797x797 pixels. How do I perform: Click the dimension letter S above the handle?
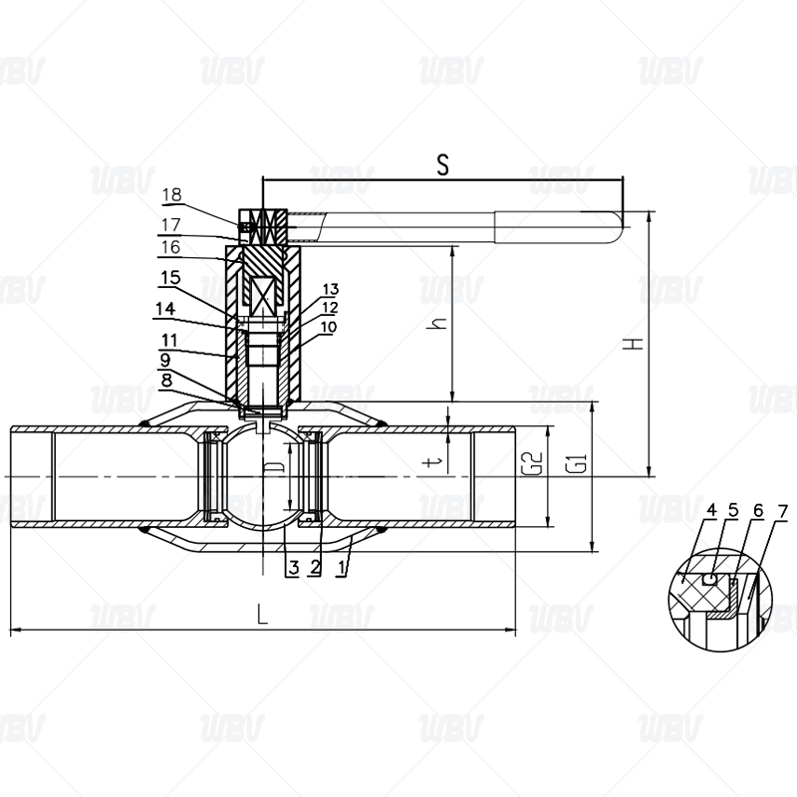[443, 164]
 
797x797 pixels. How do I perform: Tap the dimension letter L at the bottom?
[262, 614]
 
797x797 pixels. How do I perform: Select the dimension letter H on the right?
[634, 344]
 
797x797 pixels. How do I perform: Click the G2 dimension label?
[532, 463]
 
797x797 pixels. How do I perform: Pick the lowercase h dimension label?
[436, 323]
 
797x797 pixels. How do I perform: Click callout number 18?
[171, 194]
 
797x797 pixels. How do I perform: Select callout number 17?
[171, 225]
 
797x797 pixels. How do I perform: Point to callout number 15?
[170, 278]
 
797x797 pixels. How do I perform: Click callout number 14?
[165, 309]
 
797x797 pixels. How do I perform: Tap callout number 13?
[331, 289]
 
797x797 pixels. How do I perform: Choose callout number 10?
[329, 327]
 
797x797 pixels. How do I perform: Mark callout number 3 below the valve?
[293, 567]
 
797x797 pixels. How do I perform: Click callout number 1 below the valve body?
[341, 567]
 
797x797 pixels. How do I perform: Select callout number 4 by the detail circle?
[711, 510]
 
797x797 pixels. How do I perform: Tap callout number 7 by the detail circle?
[783, 511]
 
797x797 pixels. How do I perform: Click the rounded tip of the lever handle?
[621, 228]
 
